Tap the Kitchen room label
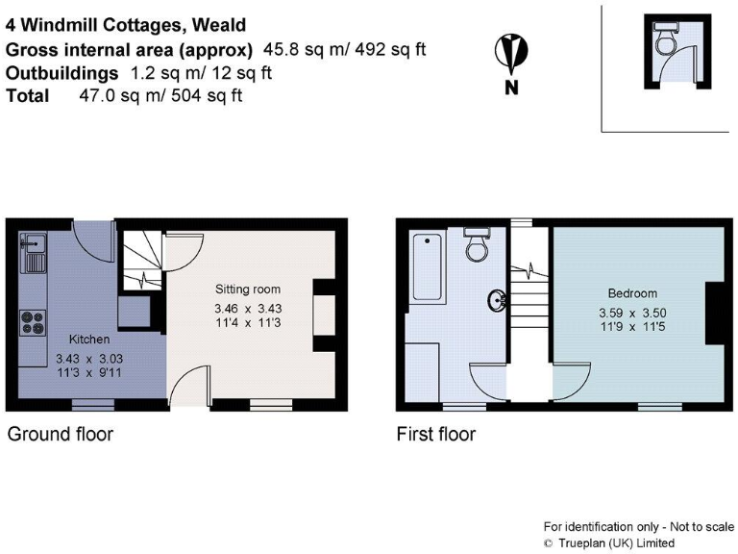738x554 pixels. pos(88,340)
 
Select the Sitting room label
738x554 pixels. pos(247,289)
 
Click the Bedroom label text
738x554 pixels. pos(632,293)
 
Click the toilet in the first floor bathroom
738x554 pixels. pos(476,245)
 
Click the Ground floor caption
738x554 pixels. pos(61,435)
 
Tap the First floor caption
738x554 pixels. pos(436,435)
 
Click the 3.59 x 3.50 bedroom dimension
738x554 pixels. pos(632,314)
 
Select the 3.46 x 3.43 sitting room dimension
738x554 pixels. pos(247,309)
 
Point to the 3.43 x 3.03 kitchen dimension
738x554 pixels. pos(88,358)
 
